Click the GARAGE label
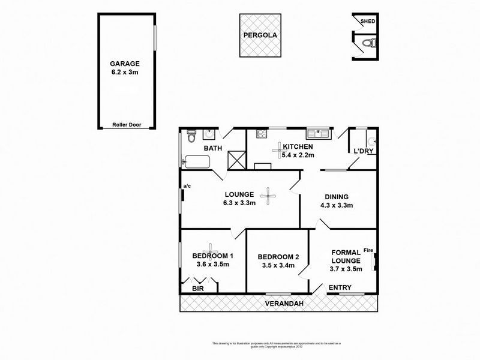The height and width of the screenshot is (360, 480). pyautogui.click(x=125, y=63)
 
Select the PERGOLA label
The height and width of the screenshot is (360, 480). pyautogui.click(x=260, y=35)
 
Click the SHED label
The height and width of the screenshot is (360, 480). pyautogui.click(x=367, y=22)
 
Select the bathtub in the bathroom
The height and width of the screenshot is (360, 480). pyautogui.click(x=197, y=162)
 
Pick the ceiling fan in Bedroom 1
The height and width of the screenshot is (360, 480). pyautogui.click(x=211, y=248)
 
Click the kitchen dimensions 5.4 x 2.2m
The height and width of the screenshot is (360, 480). pyautogui.click(x=298, y=155)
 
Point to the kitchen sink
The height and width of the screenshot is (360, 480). pyautogui.click(x=316, y=134)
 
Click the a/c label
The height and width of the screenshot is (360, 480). pyautogui.click(x=187, y=186)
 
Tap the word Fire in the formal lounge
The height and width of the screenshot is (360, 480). pyautogui.click(x=368, y=251)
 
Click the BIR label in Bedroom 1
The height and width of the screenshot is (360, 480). pyautogui.click(x=197, y=289)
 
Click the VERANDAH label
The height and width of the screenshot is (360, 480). pyautogui.click(x=286, y=304)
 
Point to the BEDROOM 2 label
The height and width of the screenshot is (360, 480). pyautogui.click(x=278, y=257)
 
